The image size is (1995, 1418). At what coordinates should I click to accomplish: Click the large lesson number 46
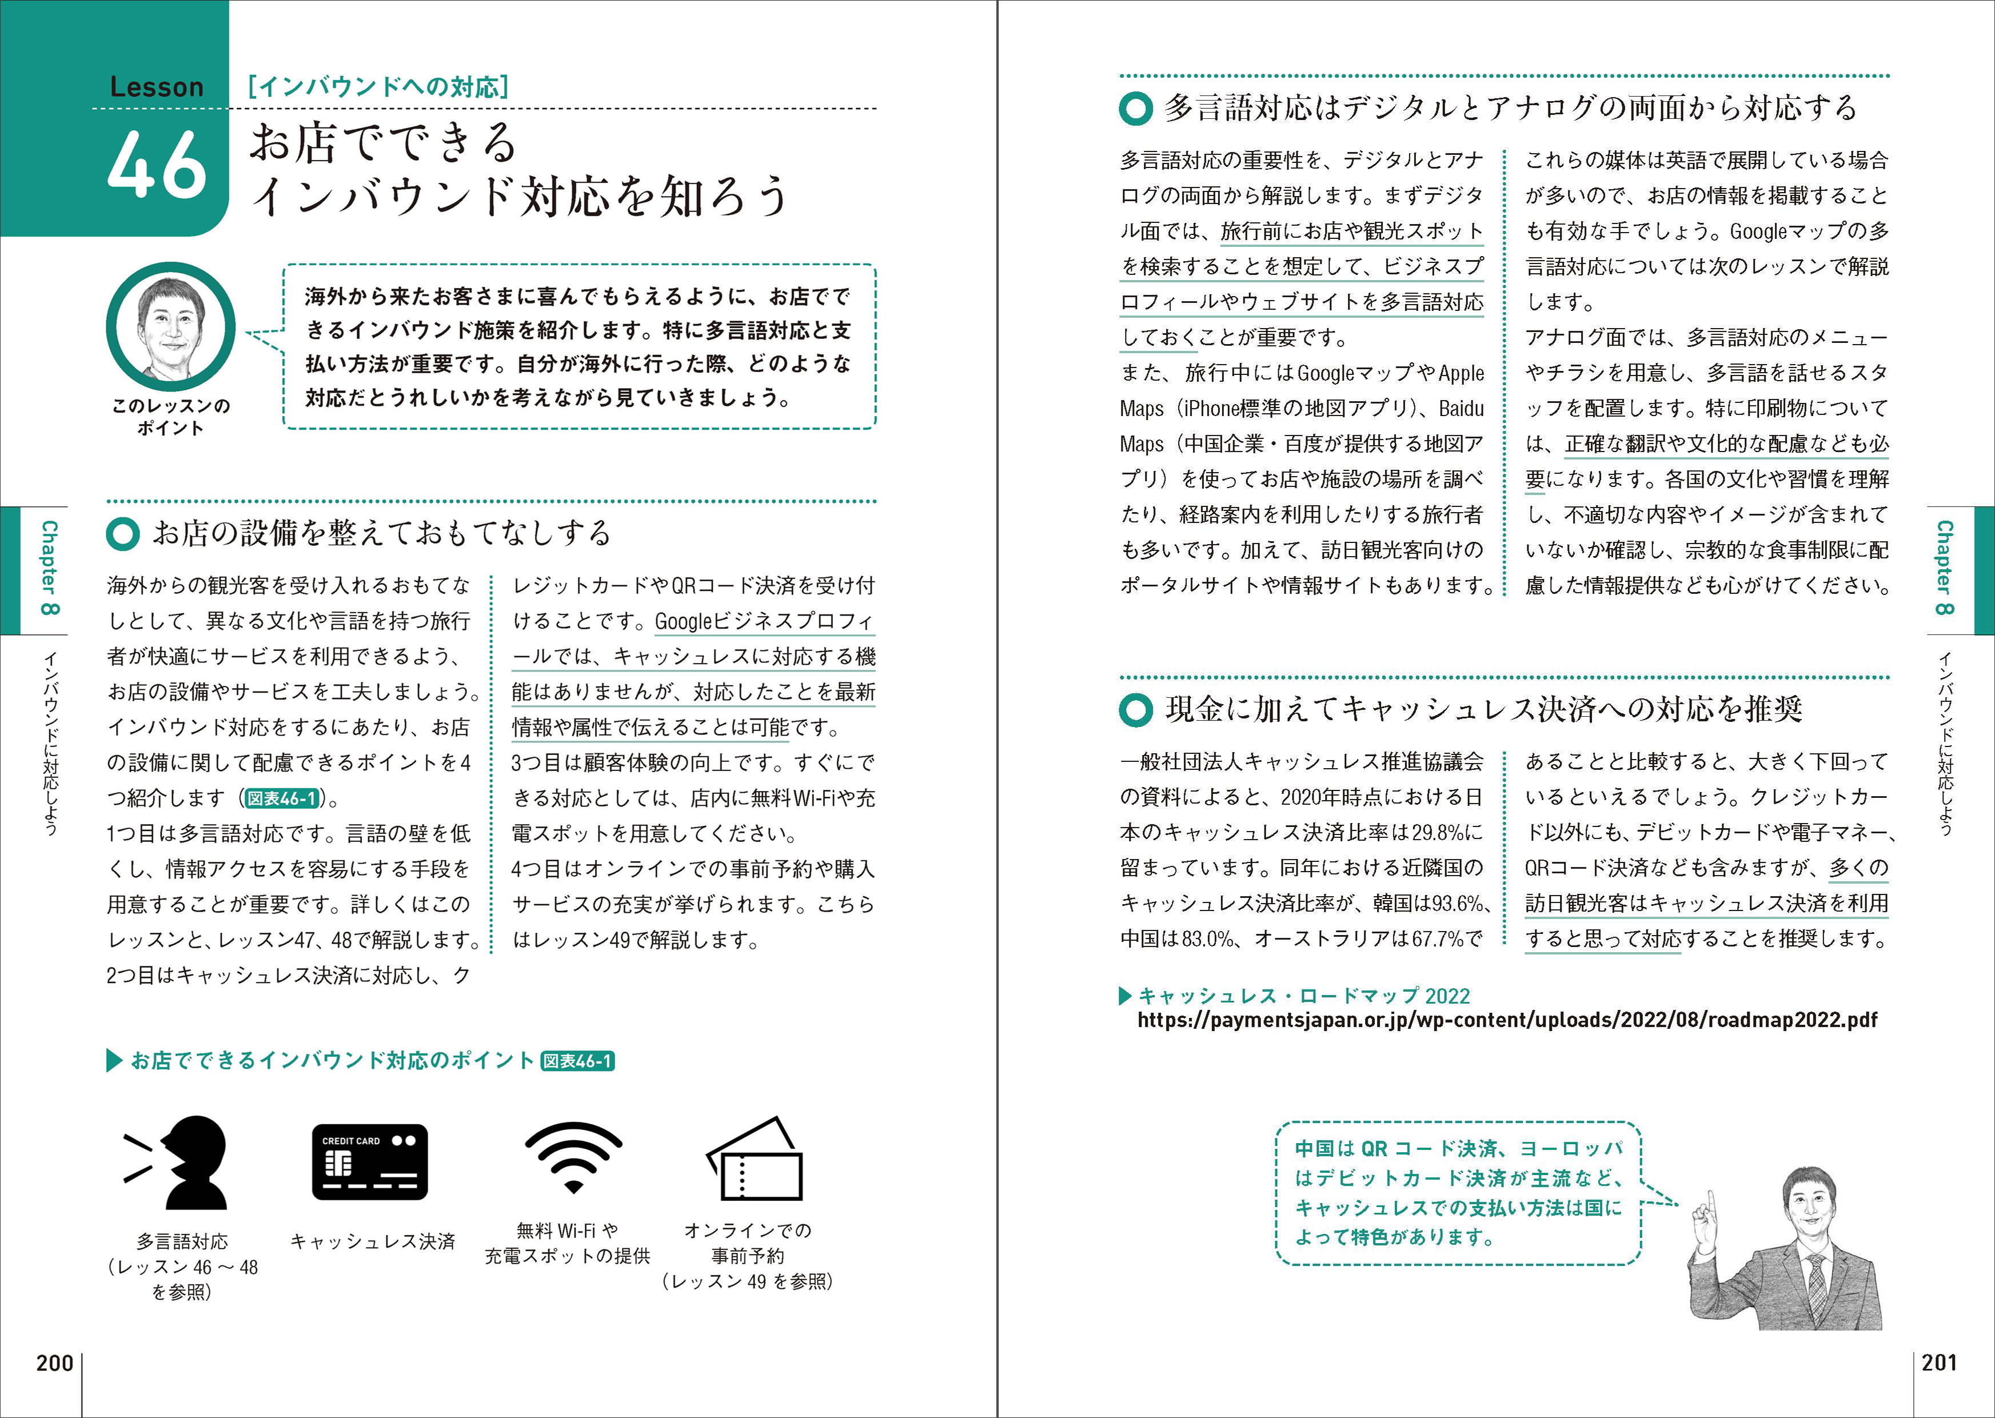pyautogui.click(x=157, y=164)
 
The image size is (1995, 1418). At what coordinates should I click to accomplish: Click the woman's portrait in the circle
pyautogui.click(x=170, y=326)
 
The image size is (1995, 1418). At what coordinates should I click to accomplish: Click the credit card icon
pyautogui.click(x=370, y=1162)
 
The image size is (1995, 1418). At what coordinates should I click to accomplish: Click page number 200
pyautogui.click(x=54, y=1363)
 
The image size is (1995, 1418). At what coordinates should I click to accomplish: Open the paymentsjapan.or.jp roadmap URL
pyautogui.click(x=1506, y=1020)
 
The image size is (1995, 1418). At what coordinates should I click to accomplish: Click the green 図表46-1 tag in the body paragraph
pyautogui.click(x=282, y=798)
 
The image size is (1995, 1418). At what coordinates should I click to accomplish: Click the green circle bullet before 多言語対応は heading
pyautogui.click(x=1136, y=109)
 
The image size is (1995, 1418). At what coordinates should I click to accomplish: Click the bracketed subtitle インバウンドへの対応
pyautogui.click(x=378, y=86)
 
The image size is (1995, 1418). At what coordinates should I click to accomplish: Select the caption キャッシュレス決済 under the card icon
pyautogui.click(x=373, y=1241)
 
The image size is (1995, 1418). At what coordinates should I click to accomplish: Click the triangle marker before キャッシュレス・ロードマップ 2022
pyautogui.click(x=1126, y=996)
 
